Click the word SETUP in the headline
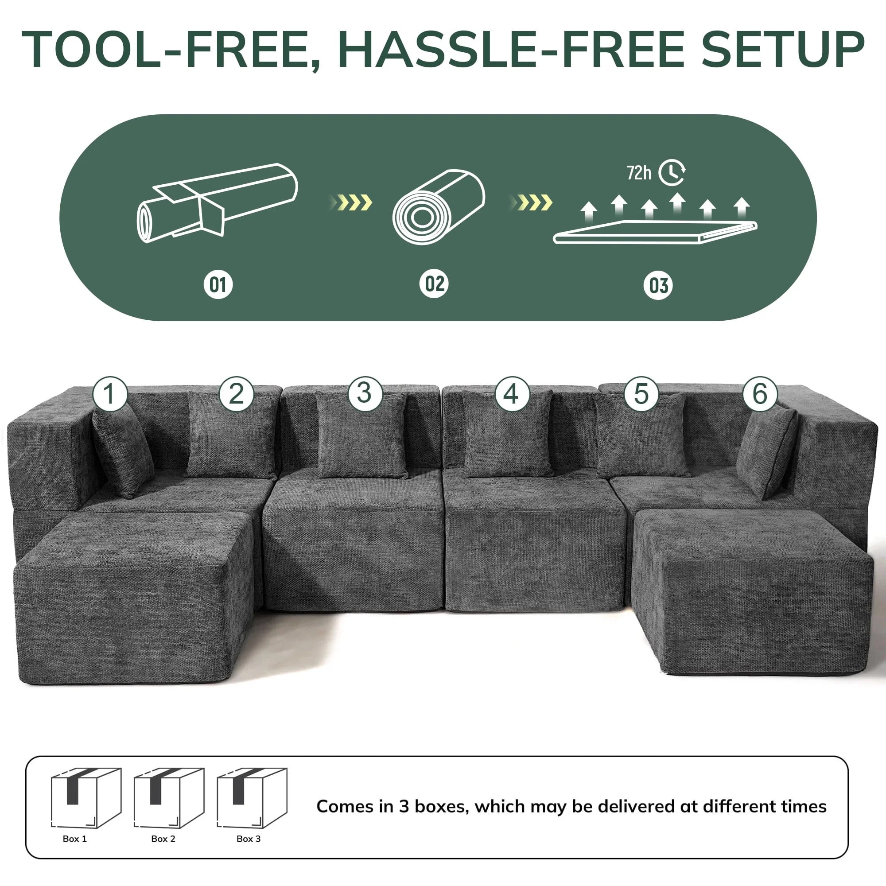coord(782,49)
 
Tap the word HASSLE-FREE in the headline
coord(511,49)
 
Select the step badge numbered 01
coord(218,285)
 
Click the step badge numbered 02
coord(434,284)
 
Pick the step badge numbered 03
coord(658,286)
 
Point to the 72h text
coord(639,173)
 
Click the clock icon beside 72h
coord(672,172)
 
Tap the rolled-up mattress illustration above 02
coord(439,207)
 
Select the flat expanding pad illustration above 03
coord(655,232)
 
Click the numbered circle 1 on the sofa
coord(109,393)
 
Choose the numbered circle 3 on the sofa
coord(365,393)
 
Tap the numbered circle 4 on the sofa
coord(511,393)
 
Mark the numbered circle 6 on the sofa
coord(760,393)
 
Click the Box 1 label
coord(75,839)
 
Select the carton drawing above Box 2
coord(169,798)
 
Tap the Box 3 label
coord(249,839)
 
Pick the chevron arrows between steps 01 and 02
coord(351,202)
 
